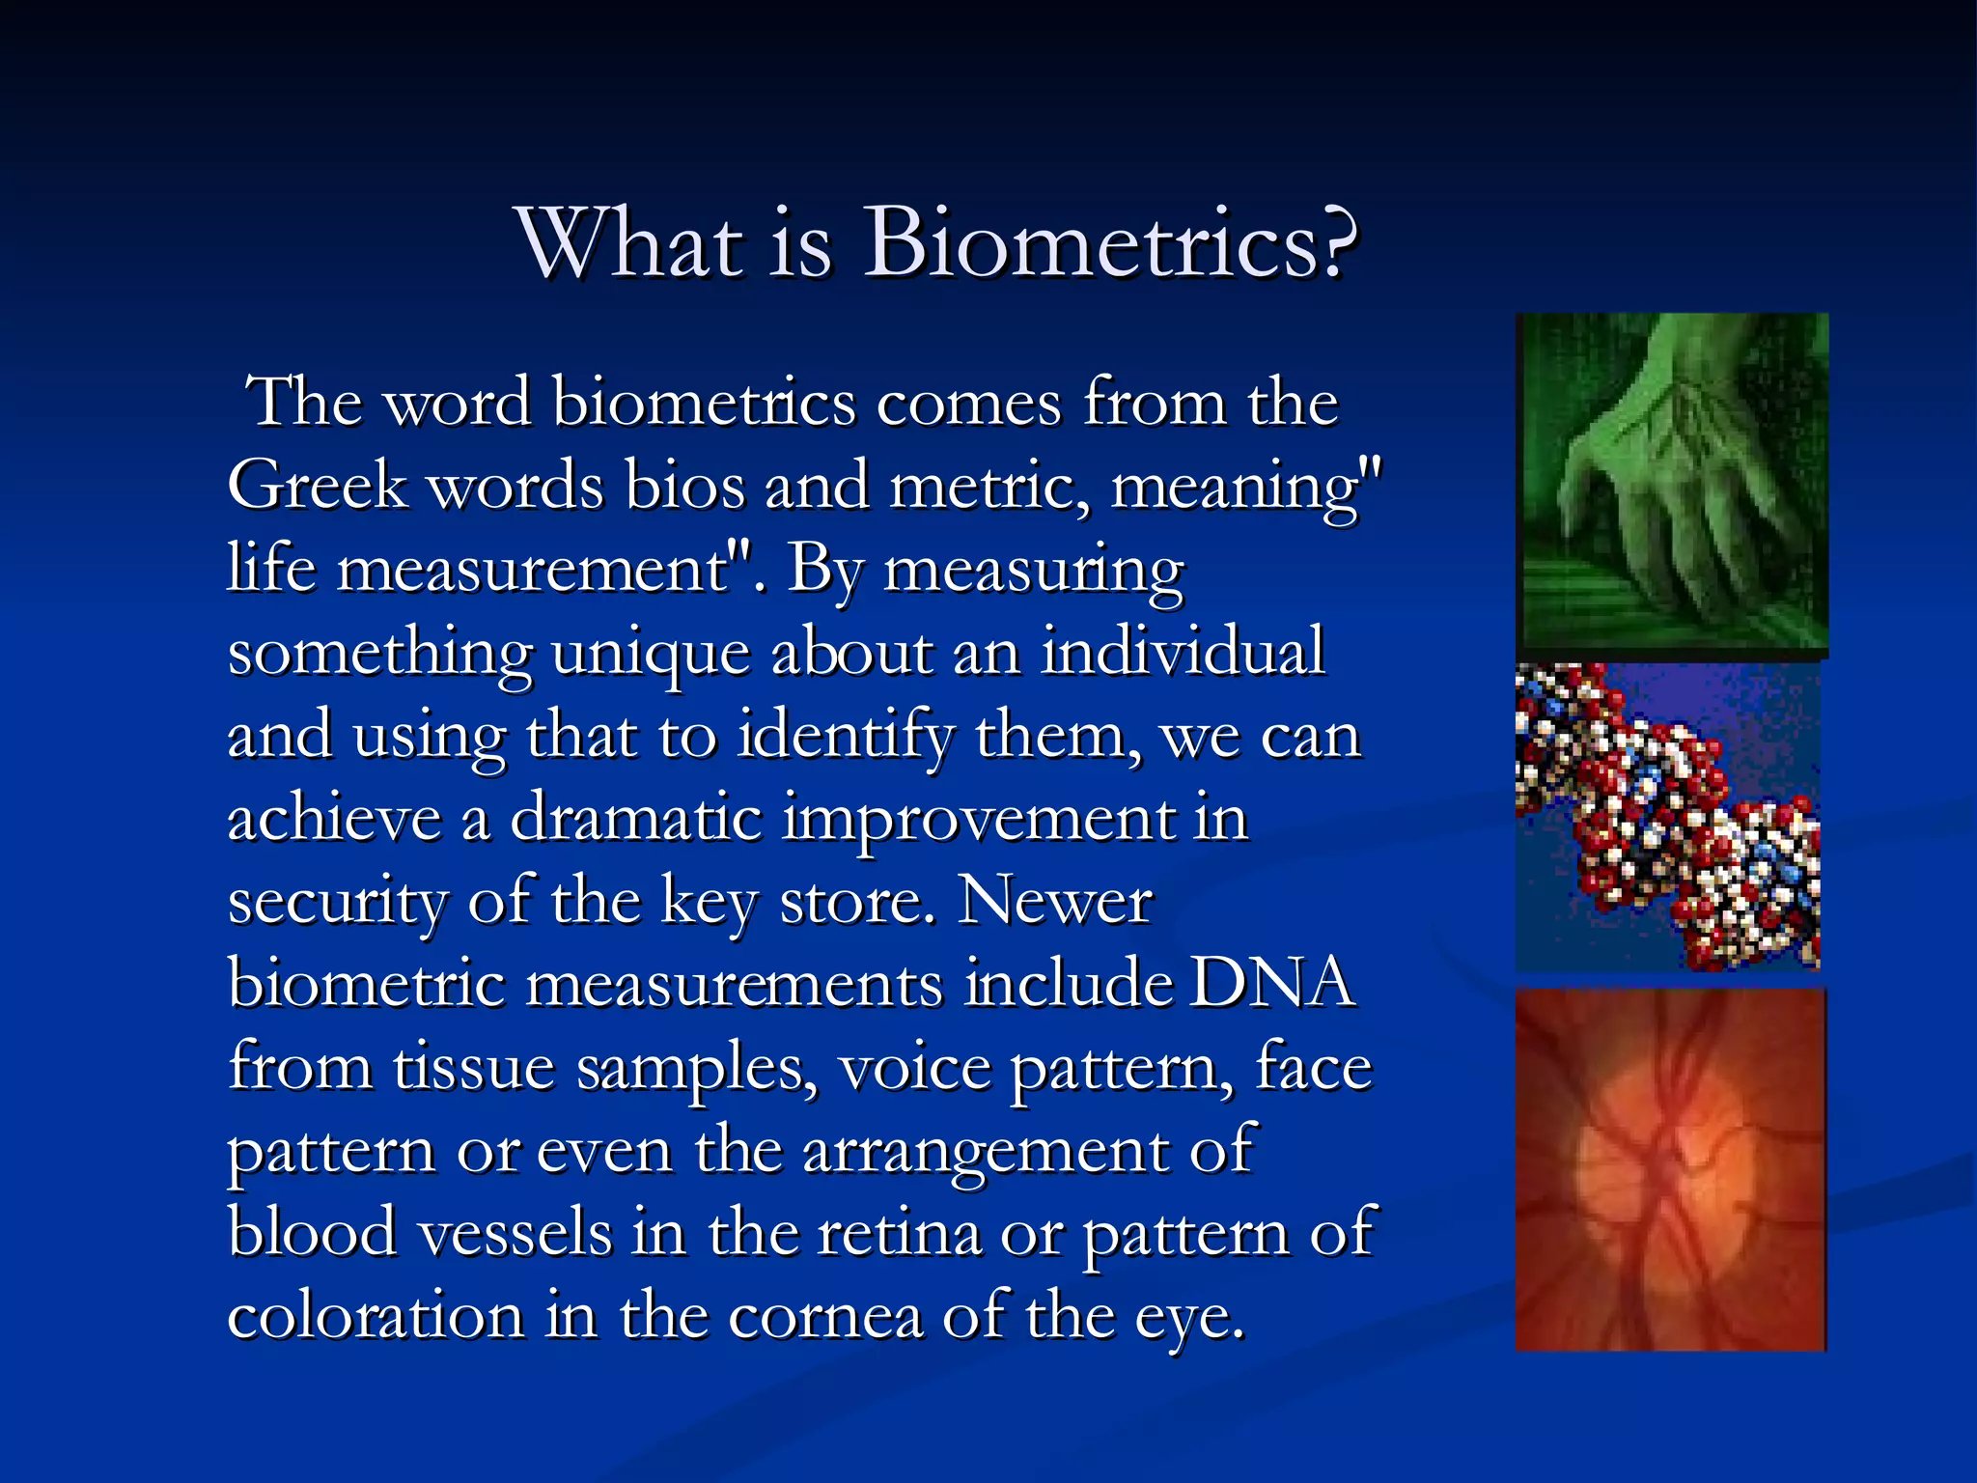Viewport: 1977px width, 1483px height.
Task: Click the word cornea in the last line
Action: pos(824,1316)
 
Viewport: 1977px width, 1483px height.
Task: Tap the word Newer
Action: pos(1054,902)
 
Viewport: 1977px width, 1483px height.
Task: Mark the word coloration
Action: pos(376,1316)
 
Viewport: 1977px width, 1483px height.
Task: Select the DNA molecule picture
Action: pos(1668,816)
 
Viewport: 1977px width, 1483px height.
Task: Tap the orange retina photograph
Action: pos(1670,1168)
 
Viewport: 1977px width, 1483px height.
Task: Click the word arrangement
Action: pos(986,1152)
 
